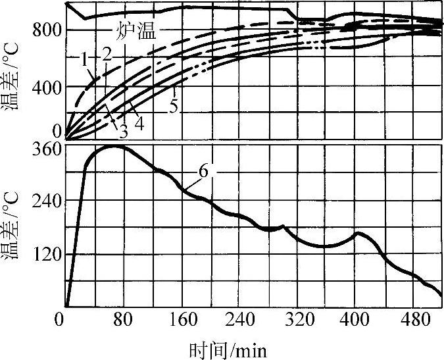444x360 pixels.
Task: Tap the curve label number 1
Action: [x=85, y=58]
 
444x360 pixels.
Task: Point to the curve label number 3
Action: [x=123, y=130]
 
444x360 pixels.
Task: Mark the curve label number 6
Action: [x=203, y=170]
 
